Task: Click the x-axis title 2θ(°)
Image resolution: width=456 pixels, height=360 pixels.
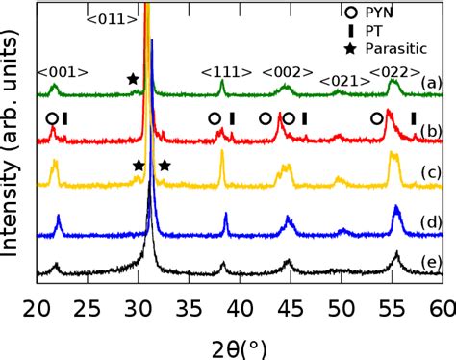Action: pyautogui.click(x=239, y=344)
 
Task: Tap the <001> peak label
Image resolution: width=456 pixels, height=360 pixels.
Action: pyautogui.click(x=63, y=71)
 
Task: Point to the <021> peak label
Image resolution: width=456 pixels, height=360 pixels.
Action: pyautogui.click(x=342, y=81)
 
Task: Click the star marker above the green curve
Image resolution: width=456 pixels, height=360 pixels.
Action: pyautogui.click(x=132, y=78)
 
